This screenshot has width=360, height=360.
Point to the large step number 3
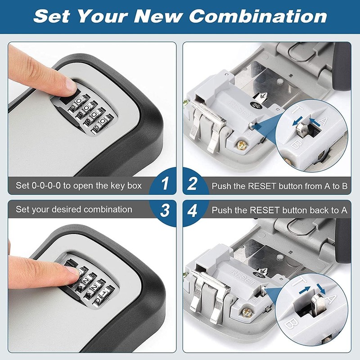165,210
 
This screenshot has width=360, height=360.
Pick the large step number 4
193,210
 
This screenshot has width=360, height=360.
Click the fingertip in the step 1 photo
67,83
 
